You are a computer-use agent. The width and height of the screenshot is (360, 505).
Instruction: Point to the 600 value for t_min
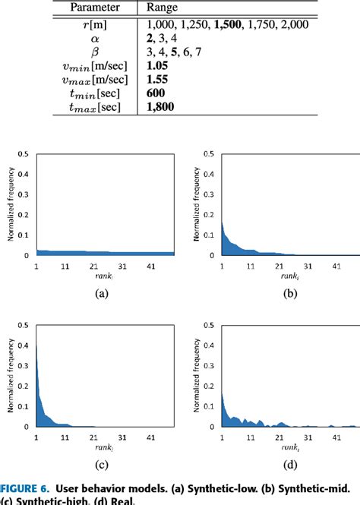click(x=156, y=93)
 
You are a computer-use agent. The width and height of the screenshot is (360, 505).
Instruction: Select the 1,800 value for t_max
click(x=160, y=107)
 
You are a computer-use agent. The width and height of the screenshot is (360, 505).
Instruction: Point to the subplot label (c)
click(x=100, y=464)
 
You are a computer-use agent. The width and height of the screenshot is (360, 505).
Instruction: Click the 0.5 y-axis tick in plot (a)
click(x=26, y=154)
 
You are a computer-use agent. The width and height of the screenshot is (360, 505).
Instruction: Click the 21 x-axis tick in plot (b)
click(x=278, y=267)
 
